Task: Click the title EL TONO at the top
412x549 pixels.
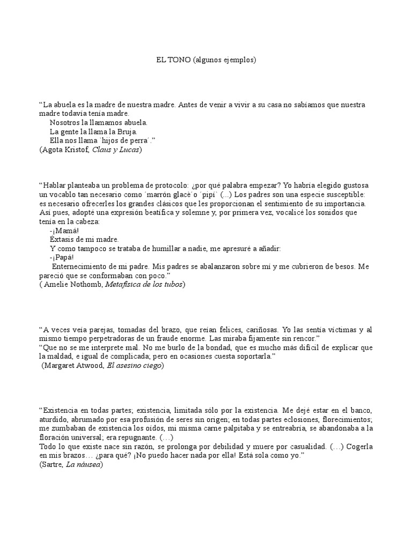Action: [170, 60]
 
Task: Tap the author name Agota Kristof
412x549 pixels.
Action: [65, 150]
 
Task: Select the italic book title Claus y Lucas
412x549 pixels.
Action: [116, 150]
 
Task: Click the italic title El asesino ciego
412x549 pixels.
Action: [135, 366]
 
